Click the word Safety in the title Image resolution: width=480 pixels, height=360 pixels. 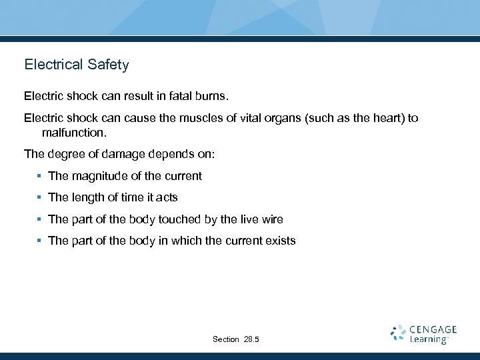(x=108, y=65)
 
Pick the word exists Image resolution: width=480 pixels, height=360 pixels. (x=280, y=241)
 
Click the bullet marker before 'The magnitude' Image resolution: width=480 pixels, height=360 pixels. (x=40, y=176)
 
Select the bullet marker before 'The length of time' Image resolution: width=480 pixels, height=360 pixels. (x=40, y=197)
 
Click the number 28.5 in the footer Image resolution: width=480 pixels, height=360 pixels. (x=251, y=339)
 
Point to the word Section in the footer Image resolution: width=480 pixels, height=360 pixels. (x=226, y=339)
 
